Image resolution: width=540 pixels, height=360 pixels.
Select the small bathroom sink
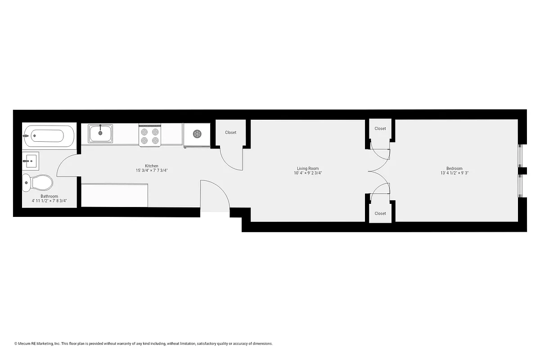(31, 160)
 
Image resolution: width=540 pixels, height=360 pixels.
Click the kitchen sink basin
(100, 133)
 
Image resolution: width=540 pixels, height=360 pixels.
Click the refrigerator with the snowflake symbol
(196, 134)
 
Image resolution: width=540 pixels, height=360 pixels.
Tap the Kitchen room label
(152, 166)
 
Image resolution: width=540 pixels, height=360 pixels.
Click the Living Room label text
(308, 169)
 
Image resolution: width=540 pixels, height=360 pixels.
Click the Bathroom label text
(49, 196)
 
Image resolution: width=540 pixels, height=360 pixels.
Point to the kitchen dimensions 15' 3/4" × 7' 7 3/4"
(152, 171)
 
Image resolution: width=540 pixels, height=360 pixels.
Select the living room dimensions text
(308, 173)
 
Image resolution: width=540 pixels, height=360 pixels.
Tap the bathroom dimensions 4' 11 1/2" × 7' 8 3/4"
(49, 201)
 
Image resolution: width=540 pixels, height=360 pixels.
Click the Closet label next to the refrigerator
(231, 132)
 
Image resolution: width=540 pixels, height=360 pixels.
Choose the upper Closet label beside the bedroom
(380, 129)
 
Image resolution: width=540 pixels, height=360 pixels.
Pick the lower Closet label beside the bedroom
(380, 213)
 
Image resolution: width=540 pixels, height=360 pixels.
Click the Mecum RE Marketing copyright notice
(144, 344)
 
